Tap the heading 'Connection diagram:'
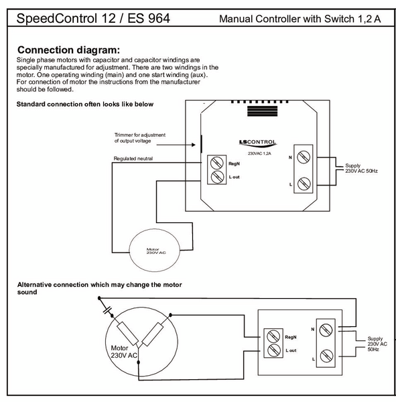click(69, 50)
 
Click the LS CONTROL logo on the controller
click(257, 143)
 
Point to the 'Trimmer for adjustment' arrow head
click(194, 145)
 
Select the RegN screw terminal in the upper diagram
click(216, 163)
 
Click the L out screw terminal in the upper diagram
click(216, 176)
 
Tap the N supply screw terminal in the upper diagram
click(304, 157)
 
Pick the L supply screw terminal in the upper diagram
click(304, 184)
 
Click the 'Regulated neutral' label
click(133, 158)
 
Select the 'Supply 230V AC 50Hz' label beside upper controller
click(361, 168)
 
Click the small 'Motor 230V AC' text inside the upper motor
click(156, 251)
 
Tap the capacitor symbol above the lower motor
click(108, 310)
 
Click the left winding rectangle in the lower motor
click(127, 334)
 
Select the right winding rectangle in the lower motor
click(153, 334)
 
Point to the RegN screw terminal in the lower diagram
click(273, 336)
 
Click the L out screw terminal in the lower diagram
click(273, 350)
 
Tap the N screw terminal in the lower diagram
click(326, 330)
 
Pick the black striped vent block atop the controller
click(262, 111)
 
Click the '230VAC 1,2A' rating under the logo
click(259, 153)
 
